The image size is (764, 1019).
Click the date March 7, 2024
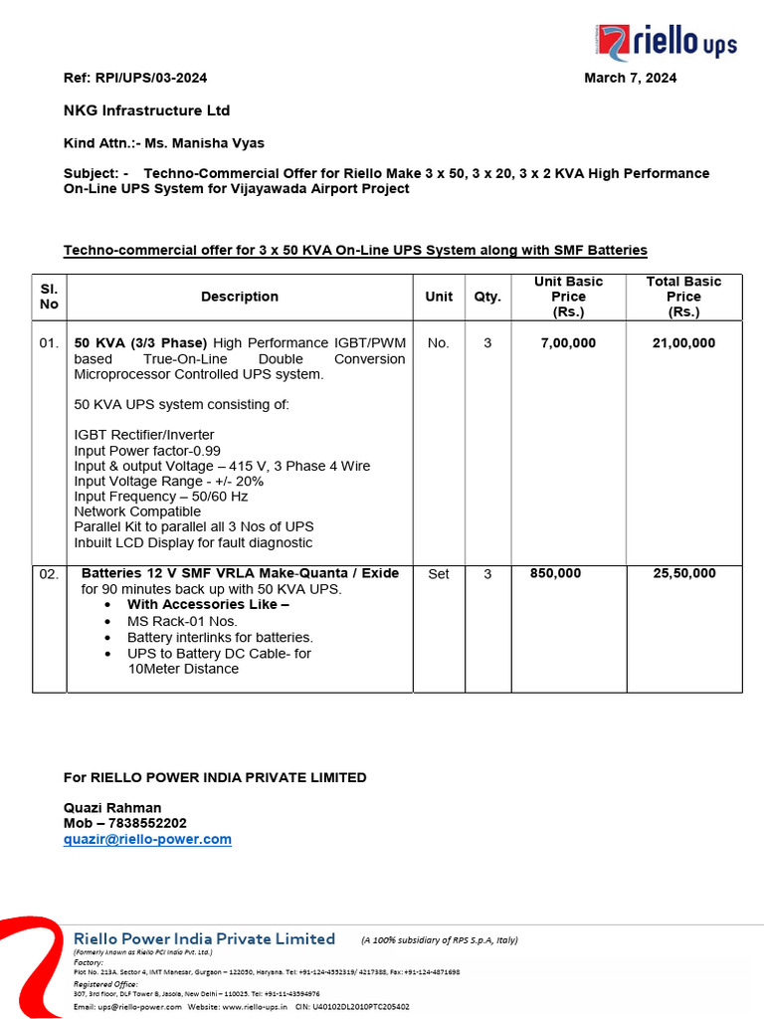pos(630,78)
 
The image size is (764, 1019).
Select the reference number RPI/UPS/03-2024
pos(149,78)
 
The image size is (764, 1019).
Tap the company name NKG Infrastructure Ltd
pos(146,110)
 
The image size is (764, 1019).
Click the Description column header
pos(240,297)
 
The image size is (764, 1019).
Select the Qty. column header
pos(486,297)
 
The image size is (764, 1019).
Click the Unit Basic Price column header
pos(568,297)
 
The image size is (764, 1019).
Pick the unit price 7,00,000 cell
pos(568,343)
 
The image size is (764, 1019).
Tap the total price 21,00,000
pos(683,343)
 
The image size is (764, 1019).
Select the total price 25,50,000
pos(683,574)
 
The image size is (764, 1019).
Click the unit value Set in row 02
pos(438,574)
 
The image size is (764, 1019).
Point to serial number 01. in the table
pos(49,343)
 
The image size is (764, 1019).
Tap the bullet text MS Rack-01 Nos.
pos(182,621)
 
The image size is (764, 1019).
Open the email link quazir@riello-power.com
pos(147,840)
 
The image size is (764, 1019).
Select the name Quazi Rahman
pos(112,808)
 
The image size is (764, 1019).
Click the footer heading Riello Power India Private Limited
pos(205,939)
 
